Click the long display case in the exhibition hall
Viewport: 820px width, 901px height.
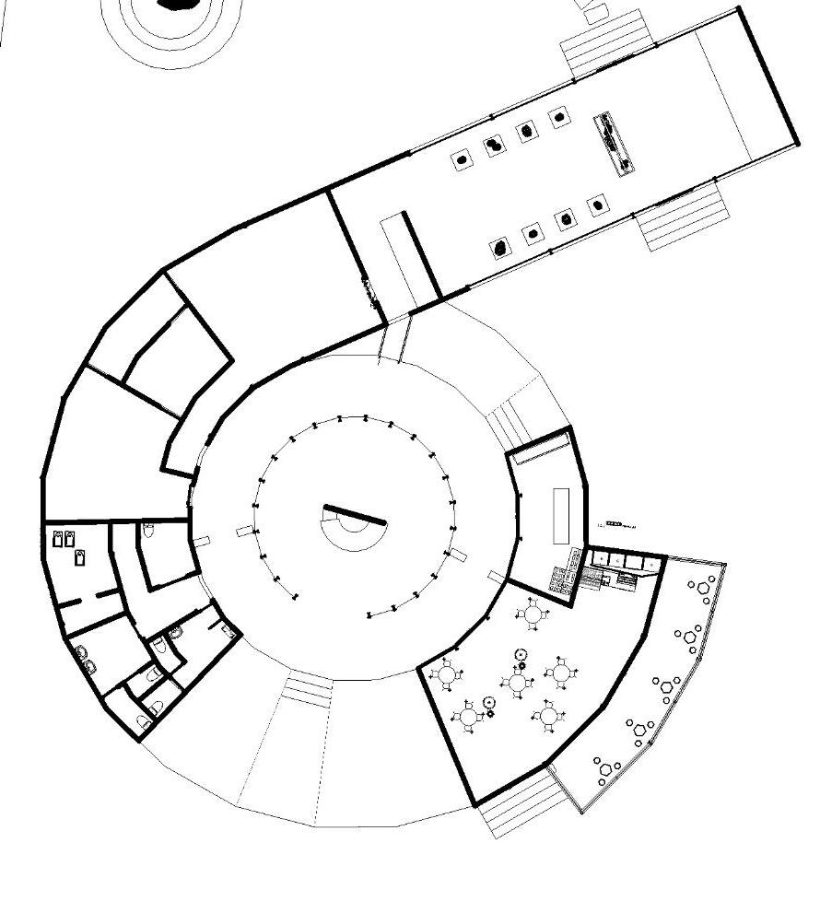click(x=614, y=143)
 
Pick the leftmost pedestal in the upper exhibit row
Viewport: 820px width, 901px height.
click(x=462, y=159)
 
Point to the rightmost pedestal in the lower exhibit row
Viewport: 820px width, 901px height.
click(x=597, y=205)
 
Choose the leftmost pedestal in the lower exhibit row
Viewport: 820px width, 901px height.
click(x=500, y=247)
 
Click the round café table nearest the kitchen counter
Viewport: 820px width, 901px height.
click(x=533, y=614)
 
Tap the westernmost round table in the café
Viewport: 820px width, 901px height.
click(x=448, y=675)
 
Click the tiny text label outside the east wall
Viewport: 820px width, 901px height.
click(x=616, y=525)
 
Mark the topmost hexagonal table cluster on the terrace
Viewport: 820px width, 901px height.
click(x=704, y=587)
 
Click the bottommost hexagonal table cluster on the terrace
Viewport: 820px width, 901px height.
click(x=605, y=768)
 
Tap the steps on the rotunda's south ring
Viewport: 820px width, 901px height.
click(x=307, y=689)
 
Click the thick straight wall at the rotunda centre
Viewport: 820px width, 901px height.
click(x=355, y=515)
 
